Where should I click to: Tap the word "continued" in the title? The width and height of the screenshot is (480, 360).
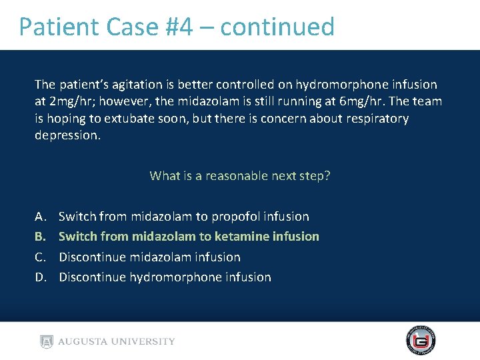[x=277, y=27]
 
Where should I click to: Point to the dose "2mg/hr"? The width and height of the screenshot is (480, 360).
[x=66, y=101]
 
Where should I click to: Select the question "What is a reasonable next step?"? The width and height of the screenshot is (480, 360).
[x=240, y=176]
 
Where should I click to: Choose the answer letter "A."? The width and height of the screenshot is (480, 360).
[x=41, y=217]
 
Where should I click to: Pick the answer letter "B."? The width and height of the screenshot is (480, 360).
[x=41, y=237]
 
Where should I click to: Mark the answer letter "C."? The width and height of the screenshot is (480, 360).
[x=41, y=257]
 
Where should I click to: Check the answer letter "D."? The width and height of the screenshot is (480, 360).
[x=41, y=277]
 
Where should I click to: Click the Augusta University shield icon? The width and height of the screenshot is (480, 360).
[x=46, y=341]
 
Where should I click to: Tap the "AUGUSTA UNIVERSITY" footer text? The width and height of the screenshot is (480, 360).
[x=117, y=341]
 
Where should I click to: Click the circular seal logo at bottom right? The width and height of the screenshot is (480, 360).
[x=421, y=341]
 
